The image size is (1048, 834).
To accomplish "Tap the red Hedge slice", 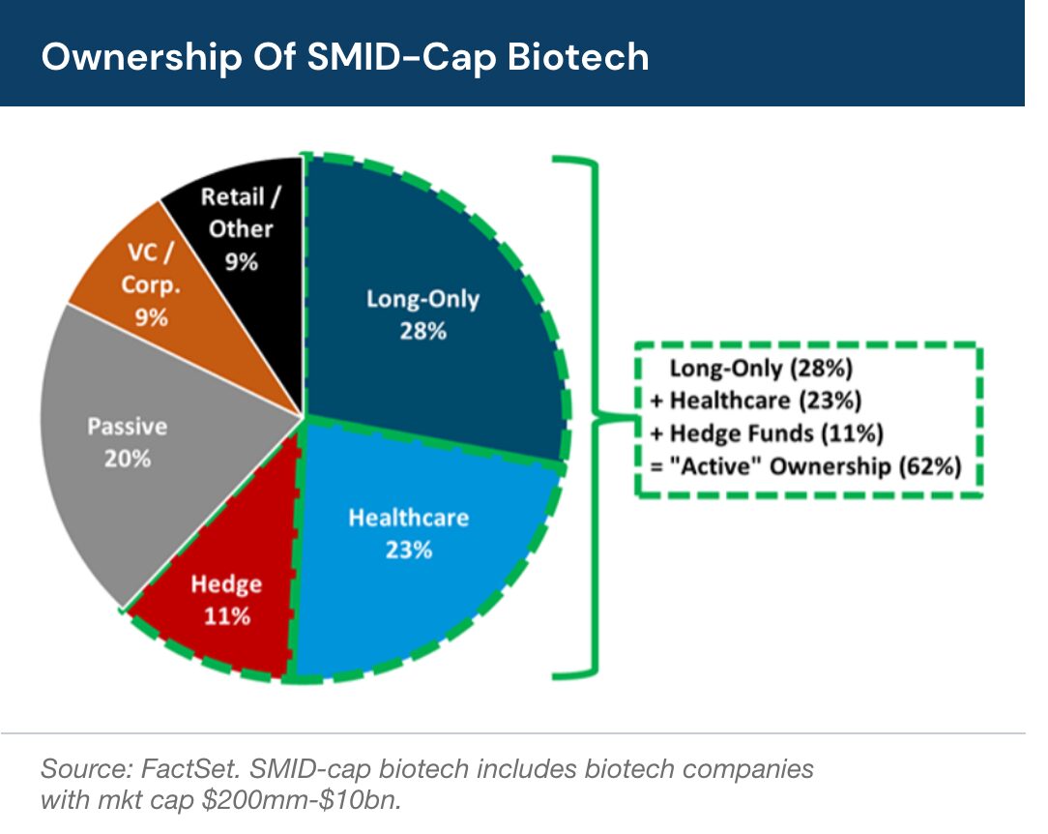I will pos(218,629).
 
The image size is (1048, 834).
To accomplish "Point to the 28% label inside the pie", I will pos(422,331).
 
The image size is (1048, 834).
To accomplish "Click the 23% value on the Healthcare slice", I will pos(408,551).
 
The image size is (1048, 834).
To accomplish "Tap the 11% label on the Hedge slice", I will pos(226,616).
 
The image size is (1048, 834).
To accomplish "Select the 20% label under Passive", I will pos(128,458).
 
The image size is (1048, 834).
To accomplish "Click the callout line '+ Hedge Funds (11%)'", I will pos(767,432).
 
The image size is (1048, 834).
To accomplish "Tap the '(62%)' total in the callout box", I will pos(930,466).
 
